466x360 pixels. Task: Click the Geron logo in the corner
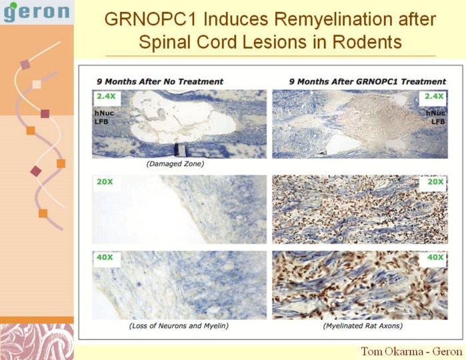pyautogui.click(x=37, y=12)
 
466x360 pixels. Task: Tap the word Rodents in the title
pyautogui.click(x=367, y=41)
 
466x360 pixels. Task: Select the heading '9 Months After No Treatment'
pyautogui.click(x=160, y=81)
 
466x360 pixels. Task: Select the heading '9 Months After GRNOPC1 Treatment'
pyautogui.click(x=367, y=81)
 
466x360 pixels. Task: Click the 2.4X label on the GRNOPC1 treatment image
pyautogui.click(x=434, y=96)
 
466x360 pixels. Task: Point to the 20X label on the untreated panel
pyautogui.click(x=105, y=181)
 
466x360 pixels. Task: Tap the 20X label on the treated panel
pyautogui.click(x=435, y=181)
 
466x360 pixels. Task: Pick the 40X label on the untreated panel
pyautogui.click(x=105, y=257)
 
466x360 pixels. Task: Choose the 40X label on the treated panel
pyautogui.click(x=435, y=257)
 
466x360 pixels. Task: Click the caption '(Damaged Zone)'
pyautogui.click(x=175, y=164)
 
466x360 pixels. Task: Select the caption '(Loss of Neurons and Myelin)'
pyautogui.click(x=179, y=326)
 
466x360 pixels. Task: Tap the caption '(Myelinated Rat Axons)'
pyautogui.click(x=363, y=326)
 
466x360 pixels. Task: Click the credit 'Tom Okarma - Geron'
pyautogui.click(x=411, y=352)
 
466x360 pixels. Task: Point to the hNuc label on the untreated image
pyautogui.click(x=104, y=113)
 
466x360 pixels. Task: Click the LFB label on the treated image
pyautogui.click(x=438, y=121)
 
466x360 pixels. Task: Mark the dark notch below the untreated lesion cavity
pyautogui.click(x=180, y=149)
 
